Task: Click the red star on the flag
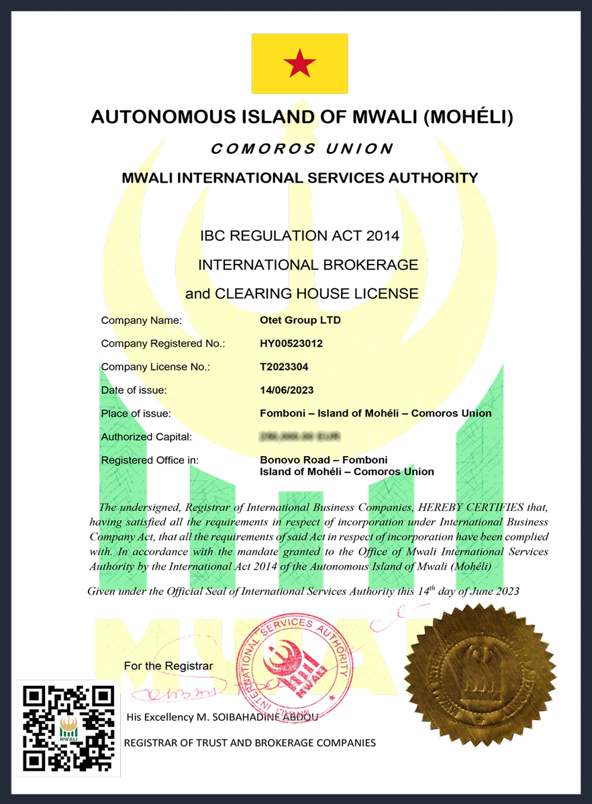(x=299, y=64)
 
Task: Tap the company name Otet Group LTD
(x=300, y=320)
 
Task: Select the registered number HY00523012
(x=291, y=343)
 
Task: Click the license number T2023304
(x=284, y=367)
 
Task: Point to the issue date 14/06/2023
(x=287, y=390)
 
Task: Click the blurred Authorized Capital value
(x=299, y=437)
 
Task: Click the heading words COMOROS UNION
(x=301, y=148)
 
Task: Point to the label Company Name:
(x=141, y=320)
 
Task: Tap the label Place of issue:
(x=136, y=413)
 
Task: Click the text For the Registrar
(x=168, y=666)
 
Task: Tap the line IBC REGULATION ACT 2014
(x=300, y=236)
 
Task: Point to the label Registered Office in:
(x=150, y=460)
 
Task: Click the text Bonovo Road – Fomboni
(x=323, y=460)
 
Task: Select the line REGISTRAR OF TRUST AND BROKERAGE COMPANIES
(x=250, y=742)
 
